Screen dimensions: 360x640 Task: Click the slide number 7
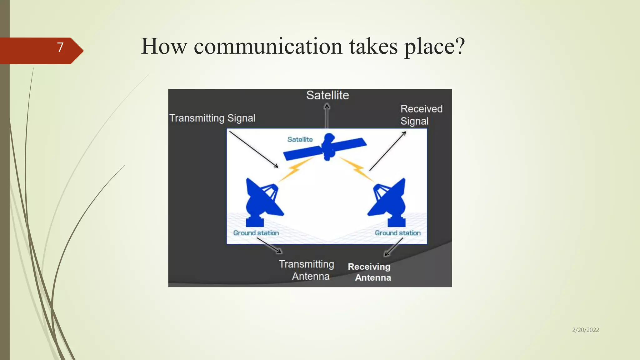click(60, 47)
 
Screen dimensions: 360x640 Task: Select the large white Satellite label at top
click(327, 95)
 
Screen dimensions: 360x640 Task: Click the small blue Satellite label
click(300, 139)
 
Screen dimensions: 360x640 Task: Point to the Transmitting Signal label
click(212, 118)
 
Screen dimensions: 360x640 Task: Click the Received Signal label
click(421, 115)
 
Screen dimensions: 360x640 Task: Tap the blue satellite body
click(328, 147)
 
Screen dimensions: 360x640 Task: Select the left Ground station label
click(256, 233)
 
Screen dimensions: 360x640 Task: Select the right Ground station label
click(397, 233)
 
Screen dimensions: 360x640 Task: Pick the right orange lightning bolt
click(357, 170)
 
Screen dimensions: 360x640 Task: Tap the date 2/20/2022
click(585, 330)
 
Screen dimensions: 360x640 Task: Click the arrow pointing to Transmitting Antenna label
click(269, 245)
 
